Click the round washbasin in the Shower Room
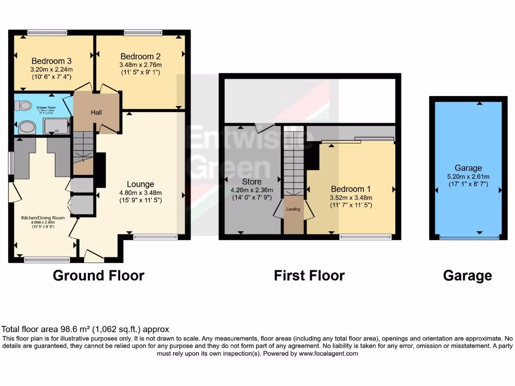pos(26,128)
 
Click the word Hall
pos(96,112)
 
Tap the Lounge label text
pos(140,184)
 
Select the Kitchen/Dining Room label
pos(43,218)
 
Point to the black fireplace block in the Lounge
pos(100,170)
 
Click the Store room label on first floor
pos(251,181)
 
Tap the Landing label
pos(293,209)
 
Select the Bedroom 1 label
pos(351,189)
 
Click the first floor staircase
pos(293,161)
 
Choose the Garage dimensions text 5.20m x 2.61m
pos(468,176)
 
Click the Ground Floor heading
pos(99,275)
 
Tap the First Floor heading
pos(309,275)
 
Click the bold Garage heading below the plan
pos(467,275)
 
